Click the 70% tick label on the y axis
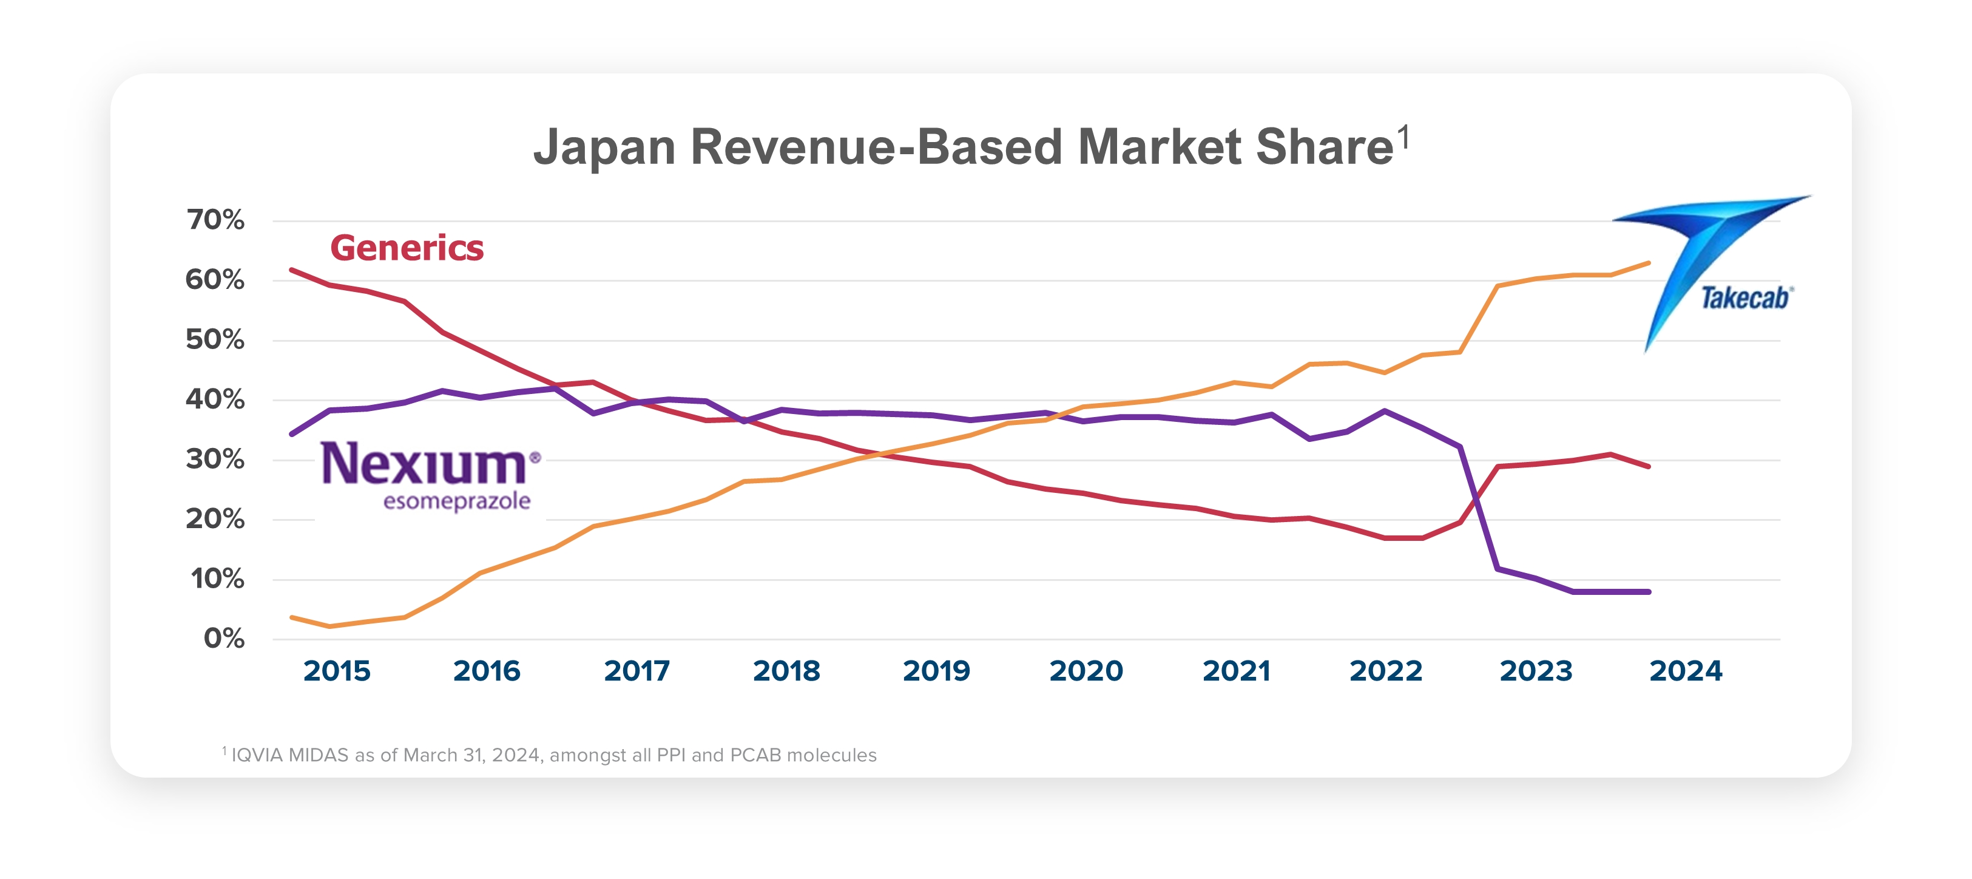pos(215,220)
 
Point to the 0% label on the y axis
pos(223,638)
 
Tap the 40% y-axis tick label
pos(215,399)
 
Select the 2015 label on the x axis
pos(337,671)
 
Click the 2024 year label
pos(1686,671)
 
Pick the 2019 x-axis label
pos(936,671)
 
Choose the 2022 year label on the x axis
pos(1386,671)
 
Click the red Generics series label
pos(407,248)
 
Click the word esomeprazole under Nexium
pos(457,501)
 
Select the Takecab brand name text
pos(1744,298)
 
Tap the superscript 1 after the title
pos(1403,138)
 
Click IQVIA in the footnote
pos(257,755)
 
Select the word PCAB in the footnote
pos(755,755)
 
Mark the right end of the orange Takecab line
pos(1648,263)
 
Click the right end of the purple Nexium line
pos(1648,592)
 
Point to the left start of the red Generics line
pos(292,270)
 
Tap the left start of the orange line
pos(292,617)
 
